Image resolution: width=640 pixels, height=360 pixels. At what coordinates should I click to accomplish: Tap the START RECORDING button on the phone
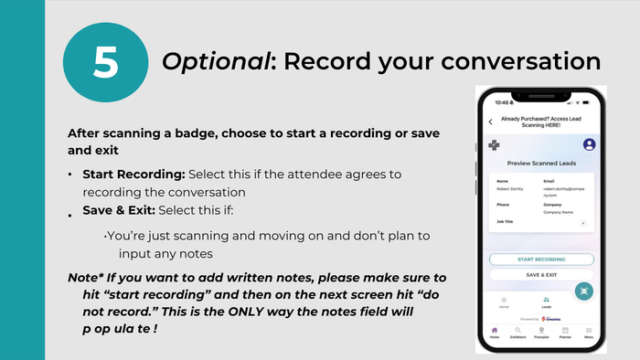click(541, 259)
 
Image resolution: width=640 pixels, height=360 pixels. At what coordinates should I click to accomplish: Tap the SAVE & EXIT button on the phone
click(541, 274)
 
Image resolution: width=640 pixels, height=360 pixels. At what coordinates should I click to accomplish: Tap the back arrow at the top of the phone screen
click(490, 122)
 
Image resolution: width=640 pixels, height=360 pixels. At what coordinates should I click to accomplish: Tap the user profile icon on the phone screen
click(589, 144)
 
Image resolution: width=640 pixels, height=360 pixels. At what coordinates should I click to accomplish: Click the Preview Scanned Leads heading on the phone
click(540, 164)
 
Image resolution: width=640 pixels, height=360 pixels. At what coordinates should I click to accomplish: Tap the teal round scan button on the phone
click(583, 290)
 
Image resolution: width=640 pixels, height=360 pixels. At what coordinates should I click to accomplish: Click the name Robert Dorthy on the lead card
click(508, 187)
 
